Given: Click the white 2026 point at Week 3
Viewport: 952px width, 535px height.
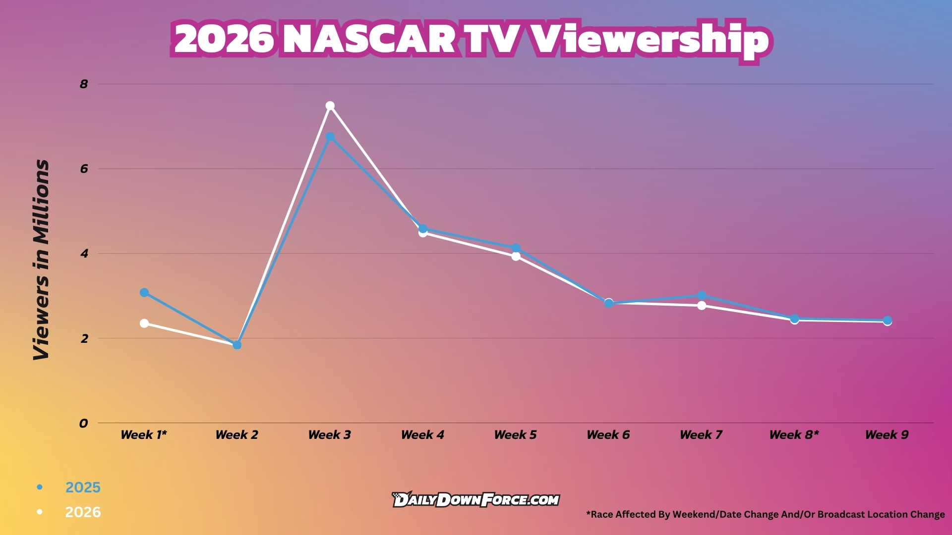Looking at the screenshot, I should point(330,106).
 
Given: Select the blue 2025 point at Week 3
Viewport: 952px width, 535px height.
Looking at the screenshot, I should point(330,137).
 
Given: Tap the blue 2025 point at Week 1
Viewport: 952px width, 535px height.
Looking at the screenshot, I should point(144,293).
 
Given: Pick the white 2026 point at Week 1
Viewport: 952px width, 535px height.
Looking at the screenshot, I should point(144,323).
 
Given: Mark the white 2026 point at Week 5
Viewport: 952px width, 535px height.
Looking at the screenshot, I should point(516,256).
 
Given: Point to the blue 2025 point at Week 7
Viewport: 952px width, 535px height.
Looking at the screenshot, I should point(702,296).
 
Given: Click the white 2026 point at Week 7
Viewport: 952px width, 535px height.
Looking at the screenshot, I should point(702,306).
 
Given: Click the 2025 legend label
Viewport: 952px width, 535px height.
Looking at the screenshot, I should point(83,487).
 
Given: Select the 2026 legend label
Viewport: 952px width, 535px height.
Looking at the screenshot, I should point(83,512).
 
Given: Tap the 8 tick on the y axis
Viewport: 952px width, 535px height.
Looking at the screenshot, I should point(84,84).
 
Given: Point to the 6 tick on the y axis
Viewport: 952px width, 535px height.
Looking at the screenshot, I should point(84,169).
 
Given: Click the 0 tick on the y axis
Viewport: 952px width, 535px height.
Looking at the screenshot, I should point(83,424).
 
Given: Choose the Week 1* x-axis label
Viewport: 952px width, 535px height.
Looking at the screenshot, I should point(144,435).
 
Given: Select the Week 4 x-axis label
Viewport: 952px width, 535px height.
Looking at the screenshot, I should point(422,435).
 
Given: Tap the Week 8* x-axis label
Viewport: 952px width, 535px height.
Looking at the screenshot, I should point(794,435).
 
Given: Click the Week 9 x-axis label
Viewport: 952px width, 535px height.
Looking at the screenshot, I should point(887,435).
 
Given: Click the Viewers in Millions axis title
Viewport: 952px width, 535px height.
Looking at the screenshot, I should point(42,260).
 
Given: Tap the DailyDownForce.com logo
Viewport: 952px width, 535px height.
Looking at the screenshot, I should point(476,500).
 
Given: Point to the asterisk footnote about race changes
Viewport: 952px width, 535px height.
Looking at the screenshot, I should point(765,515).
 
